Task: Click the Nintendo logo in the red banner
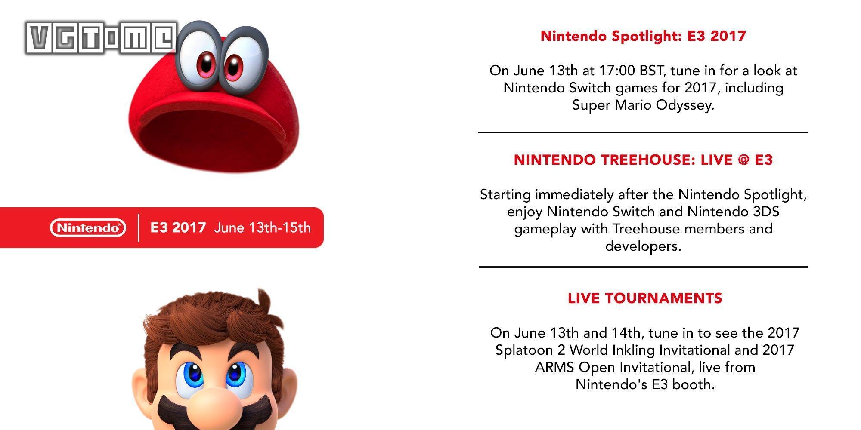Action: [x=88, y=228]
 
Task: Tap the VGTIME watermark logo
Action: [x=101, y=38]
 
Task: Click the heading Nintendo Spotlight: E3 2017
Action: [x=643, y=36]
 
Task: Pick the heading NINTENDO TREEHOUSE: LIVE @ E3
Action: [x=643, y=160]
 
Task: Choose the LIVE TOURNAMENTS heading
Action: [x=645, y=298]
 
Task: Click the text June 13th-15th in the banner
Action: [x=262, y=227]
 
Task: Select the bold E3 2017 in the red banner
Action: [x=178, y=227]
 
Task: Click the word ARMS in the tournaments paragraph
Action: [x=555, y=367]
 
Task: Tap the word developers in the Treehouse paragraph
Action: [x=643, y=246]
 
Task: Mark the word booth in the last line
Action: [x=694, y=384]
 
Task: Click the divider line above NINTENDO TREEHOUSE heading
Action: [x=643, y=132]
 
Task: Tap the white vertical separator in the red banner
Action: [x=139, y=227]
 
